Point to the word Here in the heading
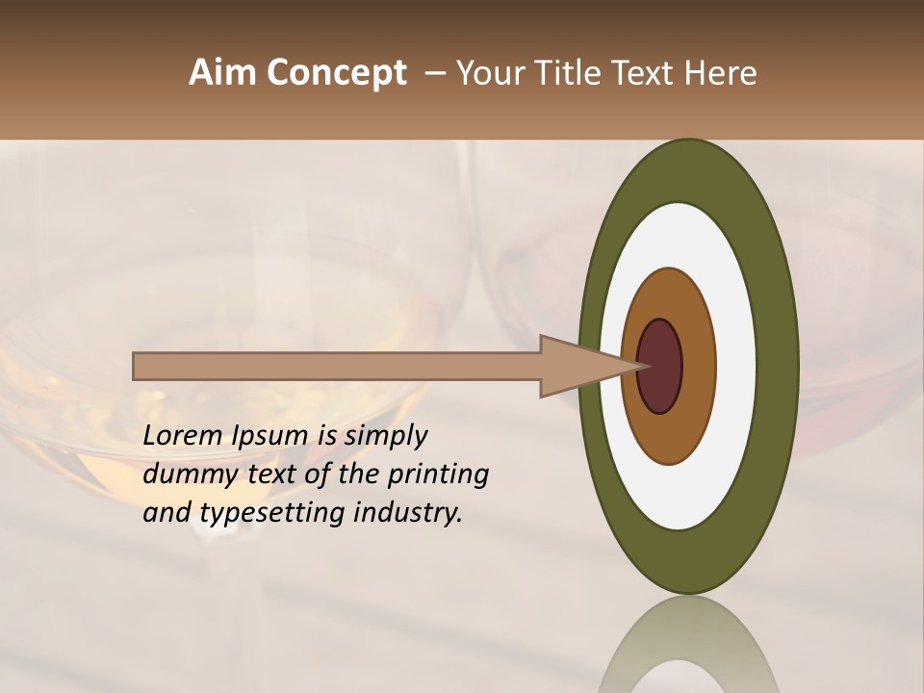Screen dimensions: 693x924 [x=720, y=73]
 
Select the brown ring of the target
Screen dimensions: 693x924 [x=698, y=367]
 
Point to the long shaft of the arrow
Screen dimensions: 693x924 [x=337, y=366]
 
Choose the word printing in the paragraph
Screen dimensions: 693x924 [x=438, y=475]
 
